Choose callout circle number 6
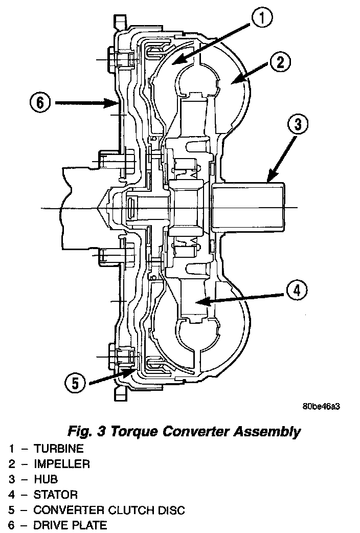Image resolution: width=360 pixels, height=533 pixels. [40, 103]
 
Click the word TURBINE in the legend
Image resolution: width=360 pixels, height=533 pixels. [58, 449]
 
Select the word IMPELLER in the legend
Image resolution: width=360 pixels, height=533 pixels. [61, 464]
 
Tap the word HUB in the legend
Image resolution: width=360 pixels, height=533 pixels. [46, 479]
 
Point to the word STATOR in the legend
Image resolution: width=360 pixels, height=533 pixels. [55, 495]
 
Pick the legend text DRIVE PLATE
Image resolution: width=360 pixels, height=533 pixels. [70, 525]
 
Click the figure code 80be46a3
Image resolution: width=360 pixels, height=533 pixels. [321, 407]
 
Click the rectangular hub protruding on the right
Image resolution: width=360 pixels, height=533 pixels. [249, 208]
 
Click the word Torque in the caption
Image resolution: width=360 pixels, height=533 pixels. [139, 431]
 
